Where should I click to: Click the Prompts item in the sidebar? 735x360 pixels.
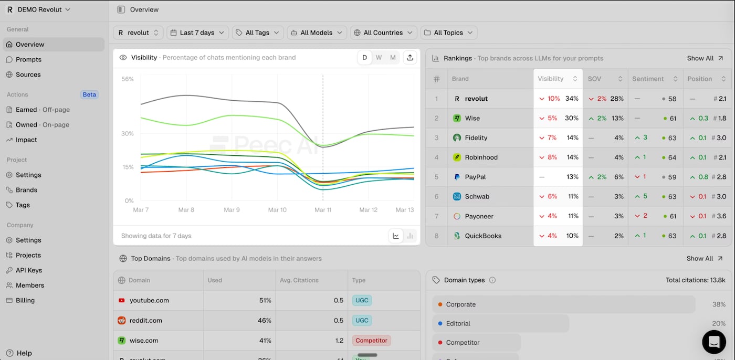[x=28, y=59]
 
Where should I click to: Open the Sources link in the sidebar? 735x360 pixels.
[x=28, y=75]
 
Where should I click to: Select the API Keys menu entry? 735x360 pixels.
[x=28, y=270]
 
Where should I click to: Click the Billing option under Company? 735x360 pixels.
[x=25, y=301]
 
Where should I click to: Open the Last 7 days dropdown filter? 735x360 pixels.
[x=197, y=33]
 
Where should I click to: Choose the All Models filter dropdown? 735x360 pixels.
[x=317, y=33]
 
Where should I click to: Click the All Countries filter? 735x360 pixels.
[x=383, y=33]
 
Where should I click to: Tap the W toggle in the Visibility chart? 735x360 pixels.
[x=379, y=58]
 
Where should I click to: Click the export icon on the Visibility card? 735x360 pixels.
[x=410, y=58]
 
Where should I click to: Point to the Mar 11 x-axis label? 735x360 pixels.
[x=323, y=210]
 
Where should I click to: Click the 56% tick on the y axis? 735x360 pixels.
[x=128, y=79]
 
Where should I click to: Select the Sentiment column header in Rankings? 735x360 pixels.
[x=648, y=79]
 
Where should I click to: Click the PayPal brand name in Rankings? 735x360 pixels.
[x=475, y=177]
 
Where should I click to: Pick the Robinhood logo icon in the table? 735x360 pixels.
[x=457, y=157]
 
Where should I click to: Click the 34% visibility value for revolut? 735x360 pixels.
[x=572, y=99]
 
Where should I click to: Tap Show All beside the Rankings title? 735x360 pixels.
[x=705, y=58]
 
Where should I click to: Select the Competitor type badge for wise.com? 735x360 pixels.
[x=371, y=341]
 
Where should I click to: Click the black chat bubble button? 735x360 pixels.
[x=713, y=342]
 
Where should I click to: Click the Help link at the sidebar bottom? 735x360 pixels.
[x=24, y=353]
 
